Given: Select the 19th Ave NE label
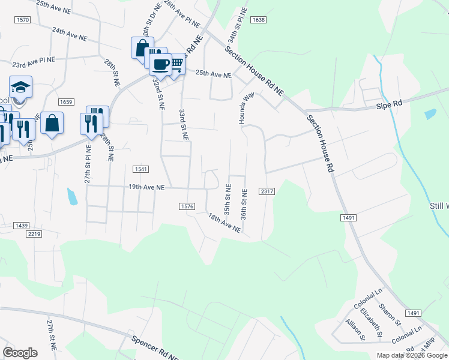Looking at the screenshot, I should [146, 187].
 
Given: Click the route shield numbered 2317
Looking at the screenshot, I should [267, 191].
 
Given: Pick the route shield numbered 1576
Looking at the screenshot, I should [187, 206].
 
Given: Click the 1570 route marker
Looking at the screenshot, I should [23, 20].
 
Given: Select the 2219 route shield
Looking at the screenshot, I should [34, 234].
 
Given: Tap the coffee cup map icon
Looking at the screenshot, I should [161, 64].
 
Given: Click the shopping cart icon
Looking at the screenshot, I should [176, 62].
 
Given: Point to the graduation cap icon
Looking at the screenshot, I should [20, 86].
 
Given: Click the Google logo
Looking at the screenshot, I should [20, 352].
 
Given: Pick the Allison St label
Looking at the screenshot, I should [355, 329].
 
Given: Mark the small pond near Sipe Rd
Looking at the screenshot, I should [430, 113].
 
